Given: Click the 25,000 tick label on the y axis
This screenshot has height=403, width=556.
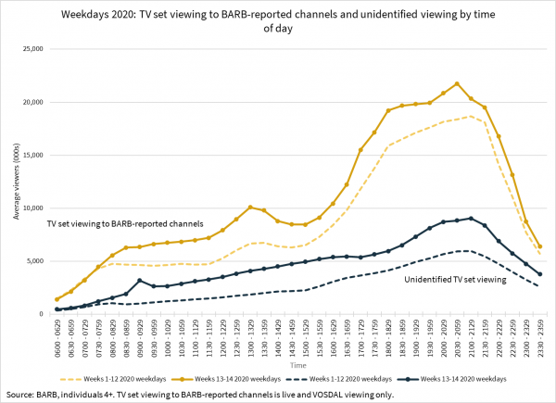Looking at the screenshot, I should point(33,49).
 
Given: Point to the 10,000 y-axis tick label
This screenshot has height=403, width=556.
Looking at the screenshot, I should point(33,208).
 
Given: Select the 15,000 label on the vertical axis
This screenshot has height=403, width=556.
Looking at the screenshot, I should point(33,155).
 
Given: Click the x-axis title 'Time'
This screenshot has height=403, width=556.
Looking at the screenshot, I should point(293,366).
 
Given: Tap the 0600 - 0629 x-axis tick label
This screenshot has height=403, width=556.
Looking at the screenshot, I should point(57,339).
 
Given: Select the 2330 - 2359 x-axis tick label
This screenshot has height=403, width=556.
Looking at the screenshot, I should point(538,339).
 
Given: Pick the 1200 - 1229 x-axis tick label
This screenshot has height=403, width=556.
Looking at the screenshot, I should point(223,339).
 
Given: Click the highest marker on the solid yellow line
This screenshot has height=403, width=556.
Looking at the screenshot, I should point(457,83).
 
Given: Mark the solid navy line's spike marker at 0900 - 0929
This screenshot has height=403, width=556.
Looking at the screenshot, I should point(140,281).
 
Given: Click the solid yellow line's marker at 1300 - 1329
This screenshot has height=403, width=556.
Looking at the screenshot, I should point(250,208).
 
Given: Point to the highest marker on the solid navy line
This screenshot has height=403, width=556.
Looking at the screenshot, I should point(471,219).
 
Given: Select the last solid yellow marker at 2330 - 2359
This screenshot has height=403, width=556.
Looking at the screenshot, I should point(539,246).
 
